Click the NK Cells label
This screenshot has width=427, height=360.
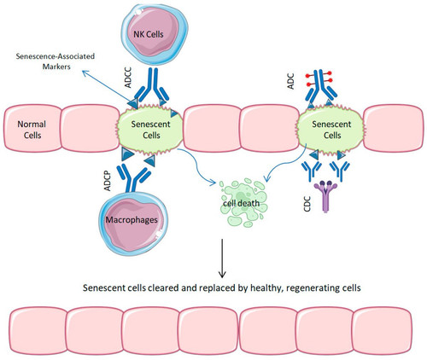(149, 34)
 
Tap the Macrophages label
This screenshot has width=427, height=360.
(132, 220)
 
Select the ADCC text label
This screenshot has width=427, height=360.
(128, 78)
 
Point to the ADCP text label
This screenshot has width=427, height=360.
(108, 181)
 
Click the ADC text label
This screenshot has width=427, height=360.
(290, 81)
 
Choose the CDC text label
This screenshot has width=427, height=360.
(307, 204)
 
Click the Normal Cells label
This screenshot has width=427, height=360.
(32, 130)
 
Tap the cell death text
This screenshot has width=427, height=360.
(241, 203)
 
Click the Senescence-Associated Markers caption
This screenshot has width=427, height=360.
(56, 61)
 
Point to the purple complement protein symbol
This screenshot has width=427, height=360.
(325, 196)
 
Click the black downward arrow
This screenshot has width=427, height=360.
(222, 258)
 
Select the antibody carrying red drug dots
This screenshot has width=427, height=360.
(321, 88)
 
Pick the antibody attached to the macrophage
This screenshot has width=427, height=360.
(134, 177)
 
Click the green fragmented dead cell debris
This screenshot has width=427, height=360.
(243, 203)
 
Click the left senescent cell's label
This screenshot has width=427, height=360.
(150, 130)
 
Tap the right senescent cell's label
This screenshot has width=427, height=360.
(331, 130)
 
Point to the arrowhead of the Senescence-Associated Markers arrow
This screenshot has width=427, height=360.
(84, 72)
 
